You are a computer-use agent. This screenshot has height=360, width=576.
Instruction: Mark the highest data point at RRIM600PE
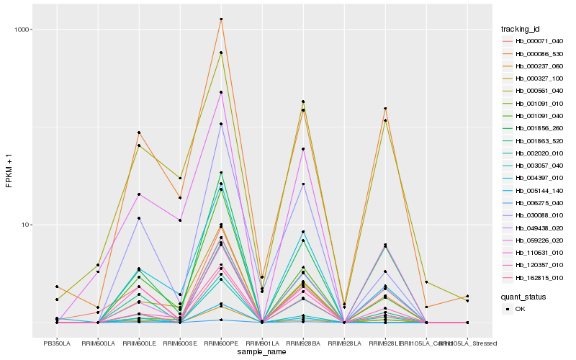(221, 19)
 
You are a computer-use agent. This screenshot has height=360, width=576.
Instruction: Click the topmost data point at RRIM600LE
(139, 132)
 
